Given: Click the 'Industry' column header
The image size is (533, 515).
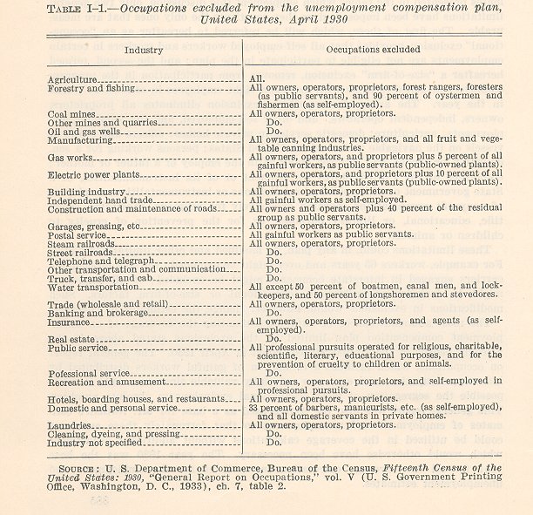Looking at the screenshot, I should tap(144, 51).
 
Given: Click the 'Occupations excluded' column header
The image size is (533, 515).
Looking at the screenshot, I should tap(376, 51).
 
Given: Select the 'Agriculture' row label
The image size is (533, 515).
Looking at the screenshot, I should tap(72, 79).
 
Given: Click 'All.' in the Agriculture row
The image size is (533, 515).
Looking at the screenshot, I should tap(257, 79).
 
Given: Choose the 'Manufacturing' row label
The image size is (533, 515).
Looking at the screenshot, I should tap(80, 139).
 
